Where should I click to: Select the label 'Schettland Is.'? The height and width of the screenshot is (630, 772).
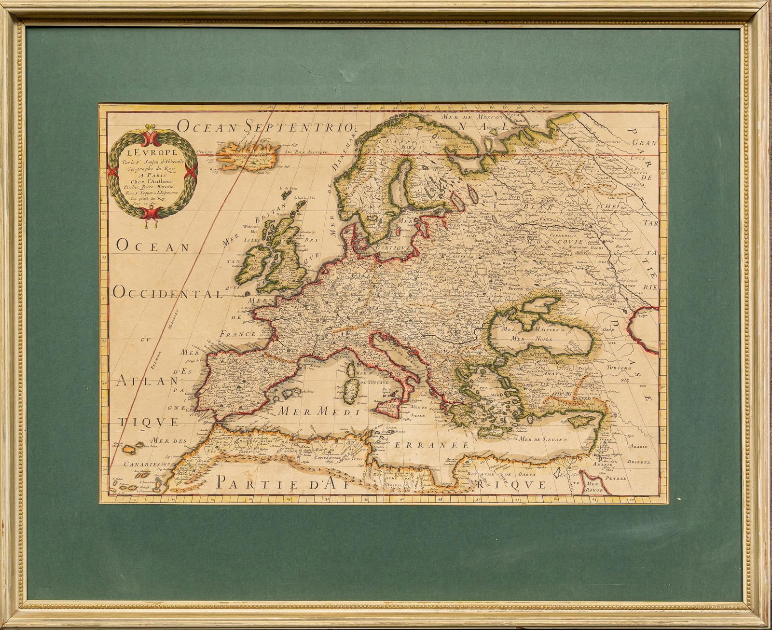click(301, 197)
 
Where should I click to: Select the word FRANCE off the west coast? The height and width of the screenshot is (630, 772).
click(237, 334)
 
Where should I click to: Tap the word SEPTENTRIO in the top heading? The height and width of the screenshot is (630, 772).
click(296, 126)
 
